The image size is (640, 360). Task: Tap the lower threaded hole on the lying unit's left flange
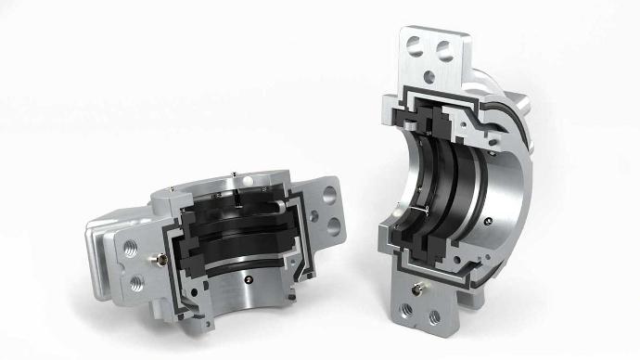(x=136, y=277)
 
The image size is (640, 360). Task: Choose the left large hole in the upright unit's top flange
(x=416, y=45)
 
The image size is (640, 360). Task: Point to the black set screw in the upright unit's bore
(x=488, y=215)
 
